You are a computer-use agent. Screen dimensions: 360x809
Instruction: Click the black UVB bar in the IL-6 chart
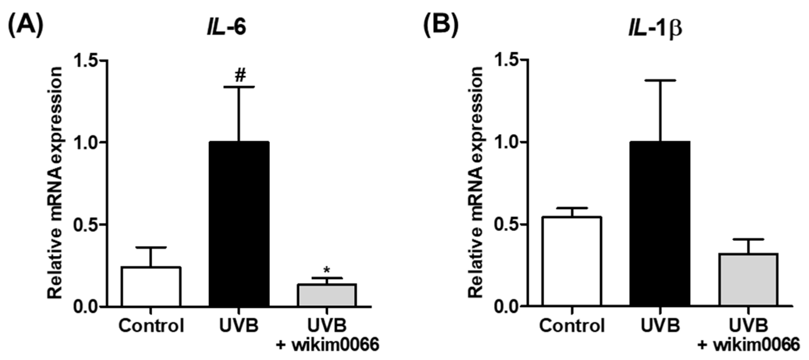(239, 224)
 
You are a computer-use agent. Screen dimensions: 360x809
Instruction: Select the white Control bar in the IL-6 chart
(151, 287)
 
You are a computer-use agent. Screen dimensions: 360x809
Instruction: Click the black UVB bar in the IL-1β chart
(660, 224)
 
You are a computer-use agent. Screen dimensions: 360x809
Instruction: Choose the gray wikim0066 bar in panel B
(748, 280)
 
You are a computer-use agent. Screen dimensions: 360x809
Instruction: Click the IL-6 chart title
(226, 27)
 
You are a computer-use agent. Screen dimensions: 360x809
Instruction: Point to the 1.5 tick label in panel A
(85, 61)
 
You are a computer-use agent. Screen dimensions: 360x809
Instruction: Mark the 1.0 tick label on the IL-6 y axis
(85, 142)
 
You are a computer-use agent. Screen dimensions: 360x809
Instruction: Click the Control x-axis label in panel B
(572, 326)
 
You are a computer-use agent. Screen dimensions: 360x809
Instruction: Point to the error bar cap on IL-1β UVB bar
(660, 81)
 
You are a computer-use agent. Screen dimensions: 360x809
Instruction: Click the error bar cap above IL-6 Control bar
(151, 248)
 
